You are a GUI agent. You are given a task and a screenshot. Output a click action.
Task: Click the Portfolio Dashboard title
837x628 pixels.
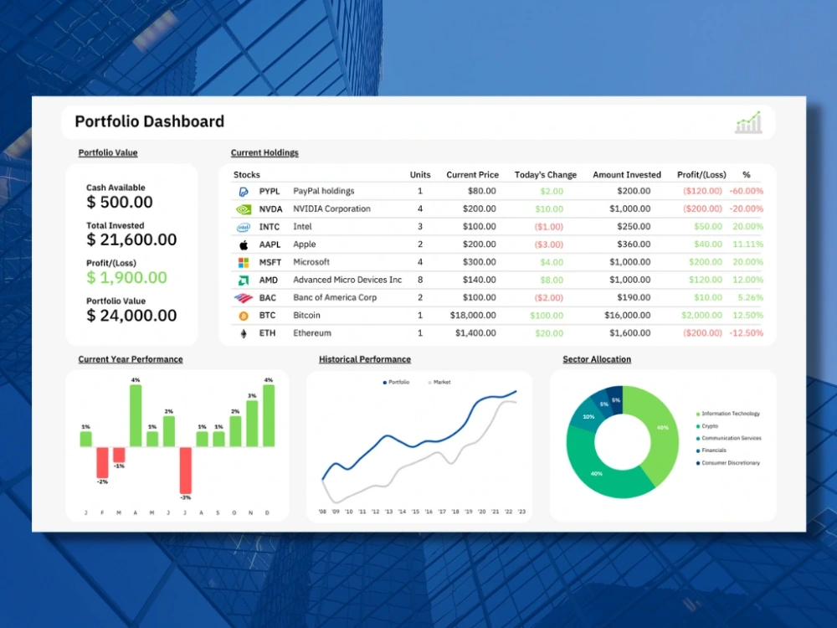pos(149,121)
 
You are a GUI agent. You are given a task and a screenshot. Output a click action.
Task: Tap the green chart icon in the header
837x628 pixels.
pos(748,122)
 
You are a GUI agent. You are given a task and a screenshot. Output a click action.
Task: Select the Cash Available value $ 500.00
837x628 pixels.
pos(120,202)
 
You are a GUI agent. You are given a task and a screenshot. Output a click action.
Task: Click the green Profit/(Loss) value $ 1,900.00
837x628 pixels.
pos(126,277)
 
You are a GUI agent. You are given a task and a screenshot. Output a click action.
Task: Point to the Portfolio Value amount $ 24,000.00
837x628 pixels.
pos(131,315)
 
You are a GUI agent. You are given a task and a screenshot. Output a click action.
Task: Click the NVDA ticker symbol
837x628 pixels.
pos(270,208)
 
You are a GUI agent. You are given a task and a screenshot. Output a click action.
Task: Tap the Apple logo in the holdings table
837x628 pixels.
pos(244,245)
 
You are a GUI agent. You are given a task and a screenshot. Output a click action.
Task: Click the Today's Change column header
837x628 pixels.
pos(545,175)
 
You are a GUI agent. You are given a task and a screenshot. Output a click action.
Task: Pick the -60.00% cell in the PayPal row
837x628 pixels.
pos(746,191)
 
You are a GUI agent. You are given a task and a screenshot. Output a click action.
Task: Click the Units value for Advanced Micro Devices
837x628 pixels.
pos(420,280)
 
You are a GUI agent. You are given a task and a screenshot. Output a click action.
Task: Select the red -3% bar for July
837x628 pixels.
pos(185,469)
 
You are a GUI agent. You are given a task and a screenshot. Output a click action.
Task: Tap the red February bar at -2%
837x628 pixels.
pos(102,461)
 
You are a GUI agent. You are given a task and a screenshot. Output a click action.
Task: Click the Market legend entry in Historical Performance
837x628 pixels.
pos(440,382)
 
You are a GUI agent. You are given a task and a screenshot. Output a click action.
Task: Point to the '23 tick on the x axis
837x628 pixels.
pos(521,511)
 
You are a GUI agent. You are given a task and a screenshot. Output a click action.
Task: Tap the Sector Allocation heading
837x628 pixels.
pos(596,359)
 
